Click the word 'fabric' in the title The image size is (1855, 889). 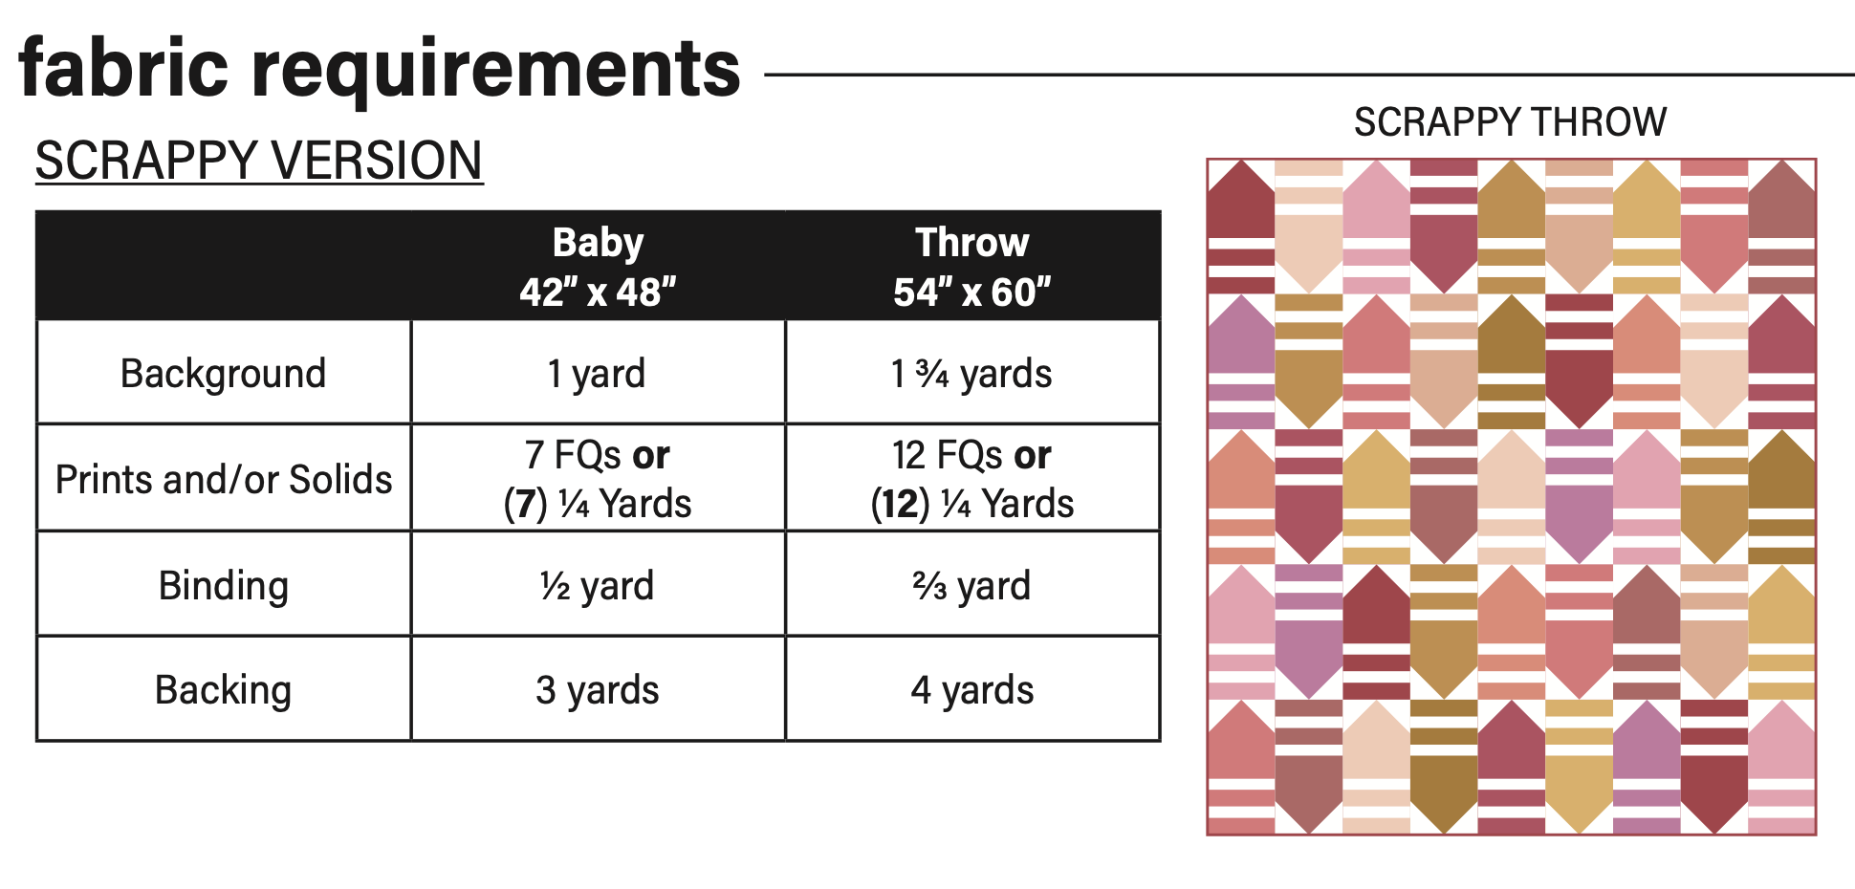point(123,68)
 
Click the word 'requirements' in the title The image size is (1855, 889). point(496,70)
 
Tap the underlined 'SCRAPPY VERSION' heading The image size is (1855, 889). point(259,160)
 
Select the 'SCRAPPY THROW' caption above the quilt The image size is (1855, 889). point(1510,122)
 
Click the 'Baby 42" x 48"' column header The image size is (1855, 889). point(598,266)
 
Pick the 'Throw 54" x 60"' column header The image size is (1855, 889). point(971,266)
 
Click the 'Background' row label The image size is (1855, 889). point(223,373)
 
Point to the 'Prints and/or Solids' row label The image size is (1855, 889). point(223,479)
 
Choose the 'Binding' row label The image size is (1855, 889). point(223,585)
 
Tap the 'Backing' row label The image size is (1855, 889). point(223,689)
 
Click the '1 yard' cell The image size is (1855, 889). point(597,373)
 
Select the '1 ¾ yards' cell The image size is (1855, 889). point(971,373)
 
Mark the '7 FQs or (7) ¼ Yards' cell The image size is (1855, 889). point(598,479)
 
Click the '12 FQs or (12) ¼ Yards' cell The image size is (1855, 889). point(971,479)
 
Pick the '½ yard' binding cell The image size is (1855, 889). point(597,585)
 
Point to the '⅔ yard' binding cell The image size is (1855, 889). point(971,585)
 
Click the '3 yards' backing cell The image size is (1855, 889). point(597,689)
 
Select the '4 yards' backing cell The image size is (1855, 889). point(971,689)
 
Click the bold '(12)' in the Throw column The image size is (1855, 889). point(900,504)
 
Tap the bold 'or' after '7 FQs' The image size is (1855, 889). point(650,455)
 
